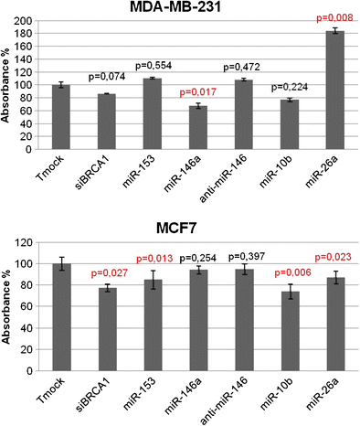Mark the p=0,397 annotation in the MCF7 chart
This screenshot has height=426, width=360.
click(245, 256)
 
